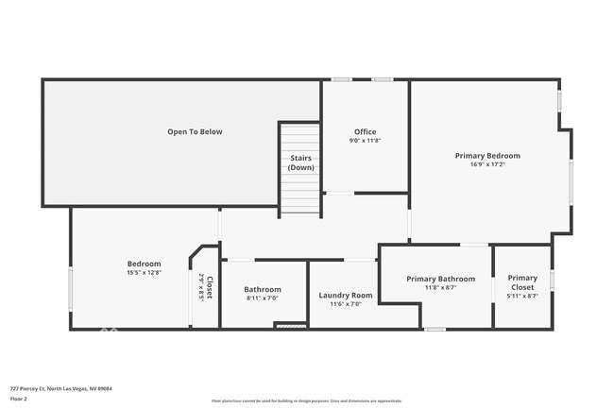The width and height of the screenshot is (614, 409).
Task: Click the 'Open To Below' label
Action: tap(195, 131)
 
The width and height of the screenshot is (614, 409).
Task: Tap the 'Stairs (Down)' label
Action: tap(301, 162)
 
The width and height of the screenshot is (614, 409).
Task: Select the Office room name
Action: tap(365, 131)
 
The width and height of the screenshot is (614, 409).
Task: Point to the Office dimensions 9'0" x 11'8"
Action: tap(365, 141)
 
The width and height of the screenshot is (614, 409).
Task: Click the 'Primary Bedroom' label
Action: tap(487, 155)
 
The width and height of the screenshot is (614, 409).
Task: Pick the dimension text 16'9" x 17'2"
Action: tap(487, 164)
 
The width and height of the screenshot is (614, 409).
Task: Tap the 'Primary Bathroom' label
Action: tap(440, 279)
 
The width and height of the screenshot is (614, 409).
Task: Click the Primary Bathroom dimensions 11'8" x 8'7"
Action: tap(440, 288)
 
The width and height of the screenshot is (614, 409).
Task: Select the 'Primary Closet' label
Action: tap(522, 282)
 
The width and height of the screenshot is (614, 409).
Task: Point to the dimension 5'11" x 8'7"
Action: tap(522, 297)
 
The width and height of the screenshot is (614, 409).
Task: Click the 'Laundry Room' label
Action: tap(346, 295)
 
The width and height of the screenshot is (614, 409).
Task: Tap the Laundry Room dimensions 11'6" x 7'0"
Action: tap(346, 304)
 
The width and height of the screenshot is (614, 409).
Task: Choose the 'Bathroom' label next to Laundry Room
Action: tap(263, 289)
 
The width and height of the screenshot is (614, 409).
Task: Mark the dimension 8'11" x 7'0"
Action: tap(263, 298)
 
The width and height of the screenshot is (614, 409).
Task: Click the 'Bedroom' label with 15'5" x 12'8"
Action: tap(145, 264)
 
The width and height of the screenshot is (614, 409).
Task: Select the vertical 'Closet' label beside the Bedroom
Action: tap(210, 287)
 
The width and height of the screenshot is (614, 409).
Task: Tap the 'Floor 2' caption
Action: tap(19, 399)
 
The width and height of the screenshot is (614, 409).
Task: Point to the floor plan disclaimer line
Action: tap(306, 400)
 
